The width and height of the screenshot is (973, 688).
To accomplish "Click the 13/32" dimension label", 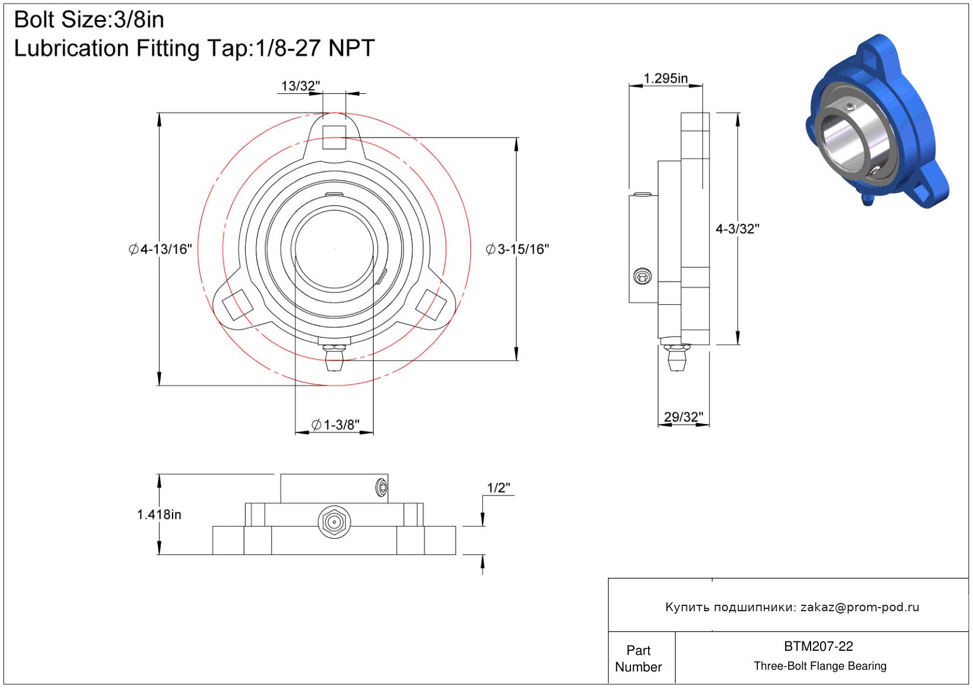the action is (300, 86).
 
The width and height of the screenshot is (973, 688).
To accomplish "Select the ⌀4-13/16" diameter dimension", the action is (160, 249).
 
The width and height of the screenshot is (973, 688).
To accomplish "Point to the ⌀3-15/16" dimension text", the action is (518, 249).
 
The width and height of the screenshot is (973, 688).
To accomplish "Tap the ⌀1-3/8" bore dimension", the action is (336, 425).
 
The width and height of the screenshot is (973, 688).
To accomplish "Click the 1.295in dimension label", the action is (665, 79).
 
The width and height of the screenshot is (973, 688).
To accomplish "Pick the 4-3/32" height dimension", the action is (737, 229).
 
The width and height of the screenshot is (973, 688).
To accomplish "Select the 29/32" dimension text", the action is (684, 417).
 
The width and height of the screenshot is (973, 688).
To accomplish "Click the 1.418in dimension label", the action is (159, 515).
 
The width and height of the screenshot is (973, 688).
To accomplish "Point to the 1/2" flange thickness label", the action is (499, 488).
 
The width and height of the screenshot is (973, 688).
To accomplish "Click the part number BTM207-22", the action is (818, 646).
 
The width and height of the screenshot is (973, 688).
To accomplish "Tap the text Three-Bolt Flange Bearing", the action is (820, 666).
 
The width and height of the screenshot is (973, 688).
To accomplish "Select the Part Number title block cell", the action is (639, 658).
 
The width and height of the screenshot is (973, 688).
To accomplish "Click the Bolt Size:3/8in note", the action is (89, 19).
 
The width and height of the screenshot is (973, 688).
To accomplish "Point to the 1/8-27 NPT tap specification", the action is (315, 48).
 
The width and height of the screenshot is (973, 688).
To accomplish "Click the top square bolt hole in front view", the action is (334, 137).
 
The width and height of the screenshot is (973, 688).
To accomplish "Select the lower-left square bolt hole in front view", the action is (237, 305).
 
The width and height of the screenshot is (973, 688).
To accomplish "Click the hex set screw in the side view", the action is (642, 276).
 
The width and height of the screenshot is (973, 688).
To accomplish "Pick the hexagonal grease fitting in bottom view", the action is (334, 521).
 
